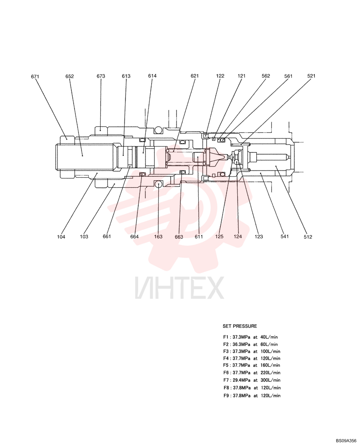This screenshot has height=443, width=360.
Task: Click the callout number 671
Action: point(35,77)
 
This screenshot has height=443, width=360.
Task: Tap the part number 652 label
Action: point(70,76)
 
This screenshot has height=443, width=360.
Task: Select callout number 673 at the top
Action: point(101,76)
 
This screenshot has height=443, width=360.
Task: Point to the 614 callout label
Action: point(152,76)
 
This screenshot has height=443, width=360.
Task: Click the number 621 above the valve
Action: point(195,76)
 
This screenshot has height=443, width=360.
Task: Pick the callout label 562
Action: point(266,76)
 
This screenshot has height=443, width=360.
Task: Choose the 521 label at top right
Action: point(311,76)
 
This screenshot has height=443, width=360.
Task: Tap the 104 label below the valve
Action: point(61,237)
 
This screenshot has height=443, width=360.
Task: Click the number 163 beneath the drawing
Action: point(158,237)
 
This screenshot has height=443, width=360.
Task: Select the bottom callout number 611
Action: point(199,237)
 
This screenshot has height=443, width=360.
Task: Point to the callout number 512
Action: point(308,237)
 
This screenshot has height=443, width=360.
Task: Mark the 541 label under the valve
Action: point(285,237)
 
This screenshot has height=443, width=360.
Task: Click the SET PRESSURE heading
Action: point(240,326)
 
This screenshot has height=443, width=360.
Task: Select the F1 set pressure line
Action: point(250,337)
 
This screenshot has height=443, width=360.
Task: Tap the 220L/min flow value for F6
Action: point(270,373)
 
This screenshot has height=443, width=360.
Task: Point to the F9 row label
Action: point(226,396)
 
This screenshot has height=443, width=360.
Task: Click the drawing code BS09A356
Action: point(346,441)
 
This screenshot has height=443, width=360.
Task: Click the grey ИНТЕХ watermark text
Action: point(179,288)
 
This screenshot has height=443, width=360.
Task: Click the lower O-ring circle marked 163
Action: point(158,184)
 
